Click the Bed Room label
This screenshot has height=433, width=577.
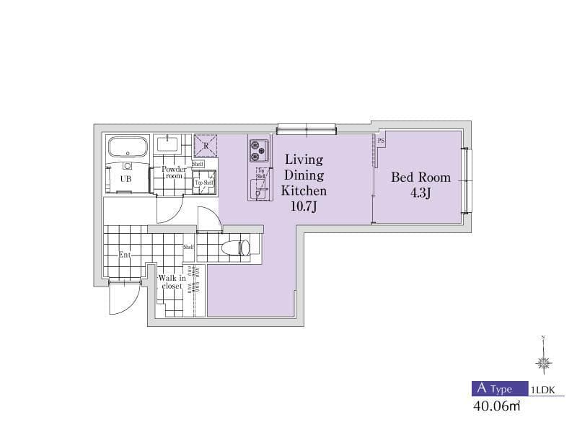click(x=420, y=177)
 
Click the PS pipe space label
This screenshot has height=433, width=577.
click(x=380, y=141)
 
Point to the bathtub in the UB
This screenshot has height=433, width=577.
click(x=128, y=149)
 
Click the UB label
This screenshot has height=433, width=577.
click(x=125, y=178)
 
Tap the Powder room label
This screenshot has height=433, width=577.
click(x=173, y=172)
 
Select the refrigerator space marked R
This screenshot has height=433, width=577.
click(x=206, y=146)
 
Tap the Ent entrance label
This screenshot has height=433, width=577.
click(x=125, y=255)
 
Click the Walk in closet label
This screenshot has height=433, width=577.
click(x=172, y=282)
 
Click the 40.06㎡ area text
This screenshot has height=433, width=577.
click(x=496, y=406)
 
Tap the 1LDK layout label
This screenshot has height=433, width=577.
click(x=542, y=389)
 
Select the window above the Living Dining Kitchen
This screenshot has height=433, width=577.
click(x=306, y=130)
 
